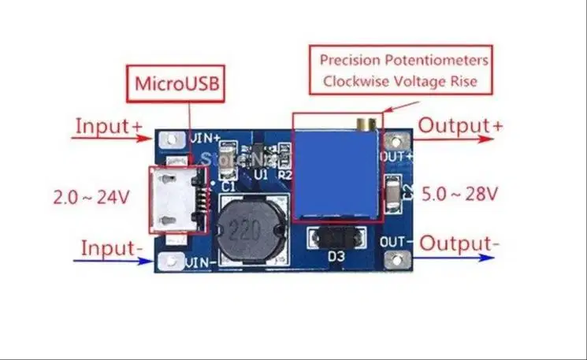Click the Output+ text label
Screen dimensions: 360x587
pyautogui.click(x=460, y=125)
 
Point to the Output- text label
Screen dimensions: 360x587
pyautogui.click(x=459, y=243)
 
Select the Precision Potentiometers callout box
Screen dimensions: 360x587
pyautogui.click(x=403, y=69)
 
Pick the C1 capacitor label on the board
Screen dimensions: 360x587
pyautogui.click(x=228, y=187)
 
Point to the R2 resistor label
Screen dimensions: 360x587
pyautogui.click(x=284, y=175)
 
